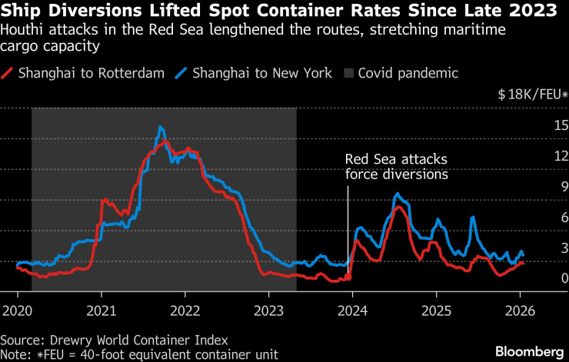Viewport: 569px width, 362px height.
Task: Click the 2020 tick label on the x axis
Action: [18, 312]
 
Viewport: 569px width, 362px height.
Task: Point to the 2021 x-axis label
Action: [101, 312]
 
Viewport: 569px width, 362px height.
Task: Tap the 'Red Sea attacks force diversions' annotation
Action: [396, 166]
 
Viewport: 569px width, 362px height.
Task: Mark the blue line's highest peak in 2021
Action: [161, 127]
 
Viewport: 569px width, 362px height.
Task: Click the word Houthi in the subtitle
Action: [21, 30]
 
